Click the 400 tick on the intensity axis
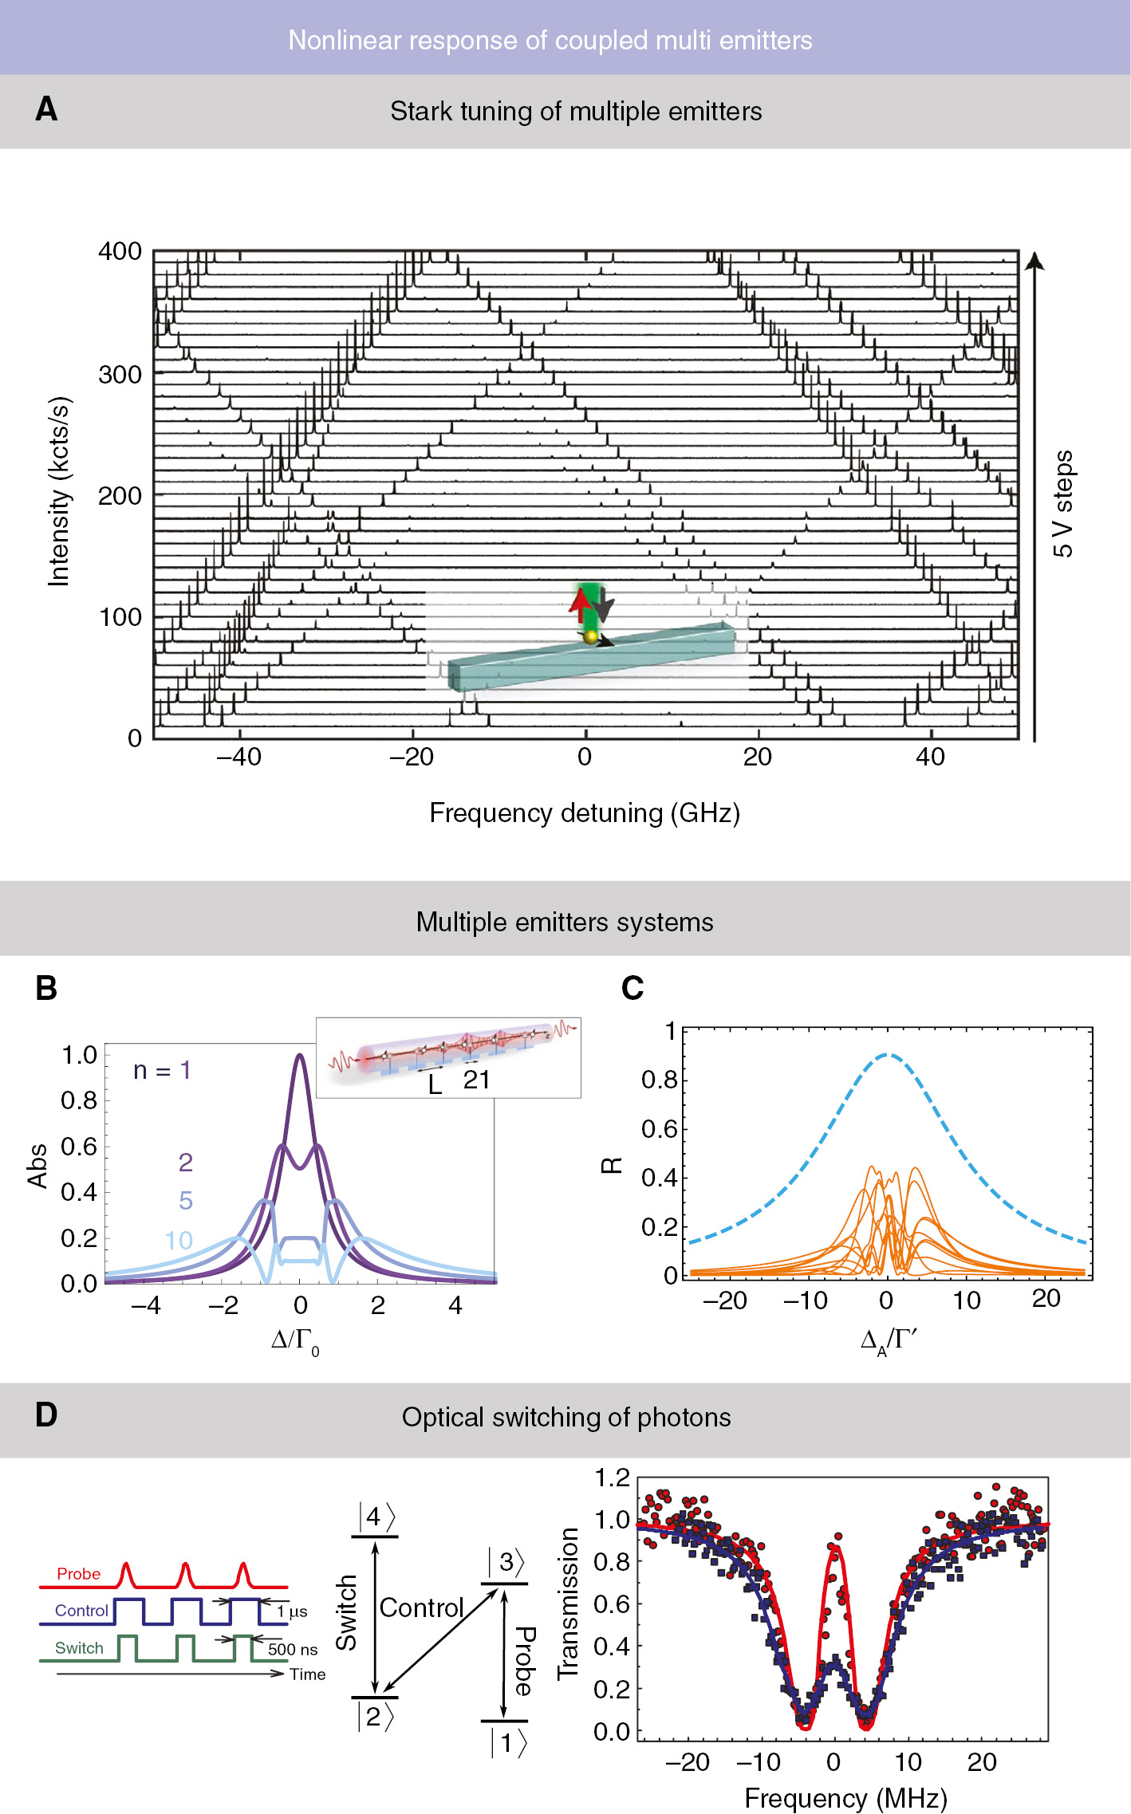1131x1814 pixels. point(120,252)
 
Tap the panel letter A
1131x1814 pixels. point(46,109)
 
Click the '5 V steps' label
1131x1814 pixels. point(1063,503)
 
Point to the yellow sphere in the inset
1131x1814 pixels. point(590,636)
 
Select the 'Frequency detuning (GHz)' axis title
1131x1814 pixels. point(585,813)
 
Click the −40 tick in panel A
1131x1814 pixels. point(238,757)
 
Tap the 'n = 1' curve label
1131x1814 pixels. point(162,1070)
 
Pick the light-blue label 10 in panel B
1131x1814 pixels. point(179,1241)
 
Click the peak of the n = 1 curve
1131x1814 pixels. point(299,1055)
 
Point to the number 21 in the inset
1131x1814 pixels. point(476,1080)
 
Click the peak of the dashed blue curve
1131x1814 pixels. point(888,1055)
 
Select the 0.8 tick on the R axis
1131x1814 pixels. point(659,1080)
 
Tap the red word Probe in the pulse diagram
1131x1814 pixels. point(78,1574)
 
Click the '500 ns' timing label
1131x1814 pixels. point(292,1650)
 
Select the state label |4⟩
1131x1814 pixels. point(376,1516)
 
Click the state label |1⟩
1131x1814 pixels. point(508,1743)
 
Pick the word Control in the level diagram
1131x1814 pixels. point(421,1607)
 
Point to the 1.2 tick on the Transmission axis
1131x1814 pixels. point(612,1478)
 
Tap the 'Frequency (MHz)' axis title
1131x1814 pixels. point(845,1799)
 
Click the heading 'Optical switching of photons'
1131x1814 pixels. point(566,1418)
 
